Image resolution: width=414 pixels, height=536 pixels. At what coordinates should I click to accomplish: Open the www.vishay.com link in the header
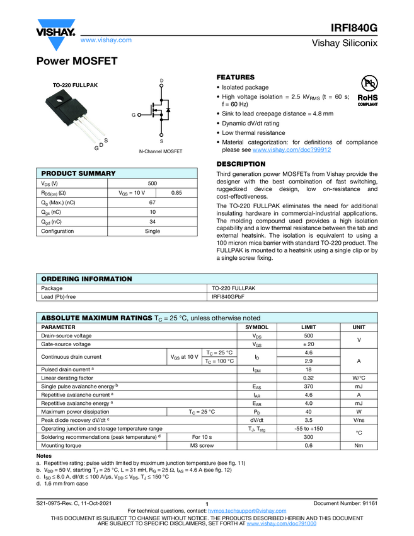pyautogui.click(x=106, y=40)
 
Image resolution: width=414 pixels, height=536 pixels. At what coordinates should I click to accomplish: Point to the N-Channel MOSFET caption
pyautogui.click(x=161, y=152)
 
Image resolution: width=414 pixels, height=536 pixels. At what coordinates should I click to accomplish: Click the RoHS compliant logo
pyautogui.click(x=367, y=101)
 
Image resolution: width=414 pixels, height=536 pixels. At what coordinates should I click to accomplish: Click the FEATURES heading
pyautogui.click(x=236, y=78)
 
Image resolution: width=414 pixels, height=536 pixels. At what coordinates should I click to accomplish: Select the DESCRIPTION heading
pyautogui.click(x=241, y=164)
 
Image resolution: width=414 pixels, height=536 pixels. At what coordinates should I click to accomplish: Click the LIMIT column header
pyautogui.click(x=308, y=327)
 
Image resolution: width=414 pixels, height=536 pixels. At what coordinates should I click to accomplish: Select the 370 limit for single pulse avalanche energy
pyautogui.click(x=308, y=385)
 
